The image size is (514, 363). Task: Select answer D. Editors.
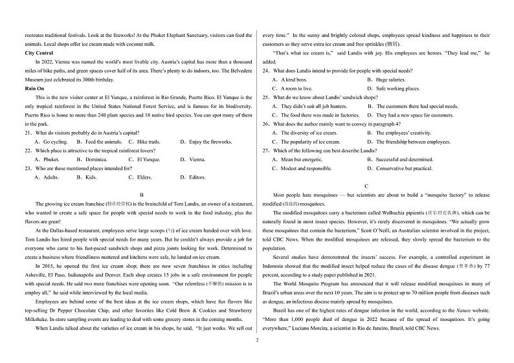coord(193,177)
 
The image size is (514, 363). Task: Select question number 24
coord(266,71)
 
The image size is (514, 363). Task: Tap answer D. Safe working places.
coord(393,89)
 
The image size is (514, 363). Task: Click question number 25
coord(266,97)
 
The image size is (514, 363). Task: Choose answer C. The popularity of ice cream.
coord(306,142)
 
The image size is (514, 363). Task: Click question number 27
coord(266,150)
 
